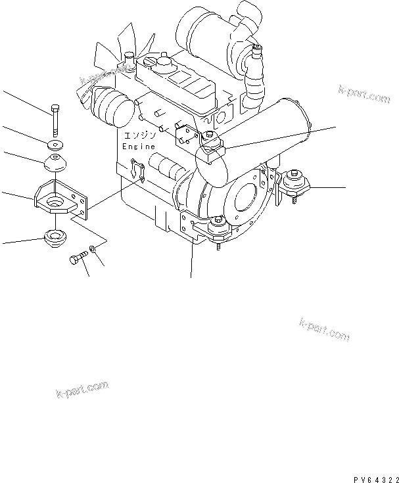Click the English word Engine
pos(138,147)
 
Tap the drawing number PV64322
pos(376,480)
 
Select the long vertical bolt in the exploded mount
pos(55,120)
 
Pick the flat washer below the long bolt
pos(55,144)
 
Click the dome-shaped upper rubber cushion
pos(55,162)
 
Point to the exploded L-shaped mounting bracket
pos(60,198)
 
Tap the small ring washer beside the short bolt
pos(93,248)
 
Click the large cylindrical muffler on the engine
pos(252,143)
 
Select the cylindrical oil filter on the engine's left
pos(113,106)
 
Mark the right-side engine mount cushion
pos(294,183)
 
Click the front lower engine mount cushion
pos(218,229)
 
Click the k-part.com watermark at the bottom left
pos(83,389)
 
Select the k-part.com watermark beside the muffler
pos(364,94)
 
